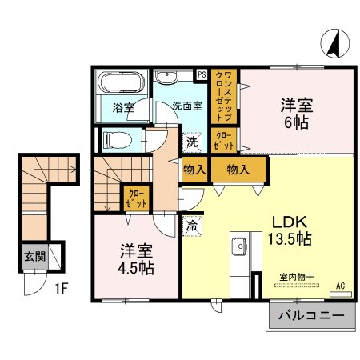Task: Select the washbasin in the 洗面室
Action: click(x=168, y=78)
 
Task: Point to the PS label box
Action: click(x=202, y=74)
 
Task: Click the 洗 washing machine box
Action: click(x=192, y=142)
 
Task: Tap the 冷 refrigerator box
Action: click(x=193, y=226)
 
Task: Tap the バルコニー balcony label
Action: click(x=311, y=317)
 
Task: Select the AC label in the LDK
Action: click(x=341, y=286)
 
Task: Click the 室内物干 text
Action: click(x=296, y=277)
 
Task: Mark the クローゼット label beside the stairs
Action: click(x=133, y=196)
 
